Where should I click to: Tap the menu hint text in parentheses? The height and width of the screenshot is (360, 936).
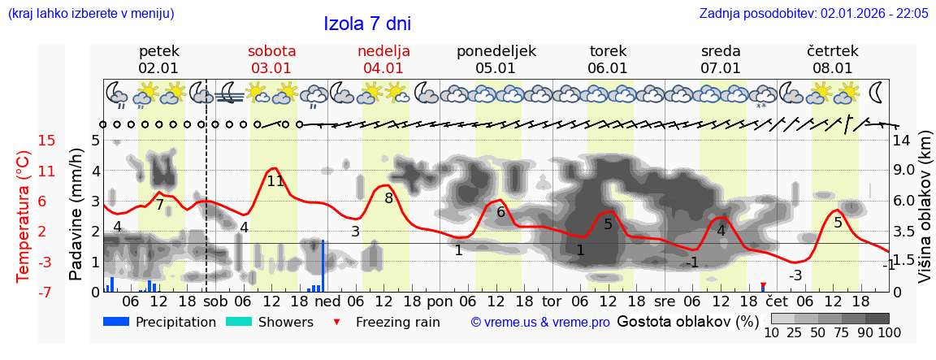pyautogui.click(x=90, y=14)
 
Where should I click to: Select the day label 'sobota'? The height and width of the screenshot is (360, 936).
pyautogui.click(x=271, y=50)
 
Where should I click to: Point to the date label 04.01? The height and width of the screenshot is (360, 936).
pyautogui.click(x=383, y=68)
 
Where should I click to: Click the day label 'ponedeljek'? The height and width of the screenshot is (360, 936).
pyautogui.click(x=496, y=50)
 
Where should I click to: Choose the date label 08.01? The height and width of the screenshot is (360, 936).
pyautogui.click(x=833, y=68)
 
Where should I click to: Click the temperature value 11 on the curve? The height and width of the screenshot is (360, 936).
pyautogui.click(x=275, y=181)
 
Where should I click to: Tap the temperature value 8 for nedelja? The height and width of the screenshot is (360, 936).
pyautogui.click(x=388, y=197)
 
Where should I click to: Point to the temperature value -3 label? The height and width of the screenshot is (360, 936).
pyautogui.click(x=795, y=275)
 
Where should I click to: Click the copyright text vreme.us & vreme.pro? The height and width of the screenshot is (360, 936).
pyautogui.click(x=539, y=322)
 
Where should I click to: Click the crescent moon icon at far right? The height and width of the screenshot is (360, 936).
pyautogui.click(x=877, y=90)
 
